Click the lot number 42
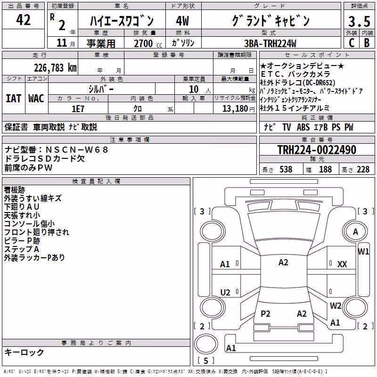[x=23, y=20]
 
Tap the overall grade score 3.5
[x=359, y=21]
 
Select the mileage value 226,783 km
[x=55, y=68]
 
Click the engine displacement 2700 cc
[x=148, y=43]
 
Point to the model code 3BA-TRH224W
[x=270, y=43]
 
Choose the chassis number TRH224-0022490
[x=317, y=150]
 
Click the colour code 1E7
[x=78, y=109]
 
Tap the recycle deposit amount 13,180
[x=235, y=109]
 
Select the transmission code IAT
[x=13, y=98]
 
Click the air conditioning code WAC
[x=36, y=98]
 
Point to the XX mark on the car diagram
[x=342, y=264]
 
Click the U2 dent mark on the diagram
[x=225, y=292]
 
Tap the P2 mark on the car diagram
[x=265, y=313]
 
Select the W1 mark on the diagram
[x=363, y=252]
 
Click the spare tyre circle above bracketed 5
[x=206, y=344]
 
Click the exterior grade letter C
[x=352, y=43]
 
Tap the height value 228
[x=363, y=170]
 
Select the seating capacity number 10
[x=194, y=90]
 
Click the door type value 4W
[x=182, y=21]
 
